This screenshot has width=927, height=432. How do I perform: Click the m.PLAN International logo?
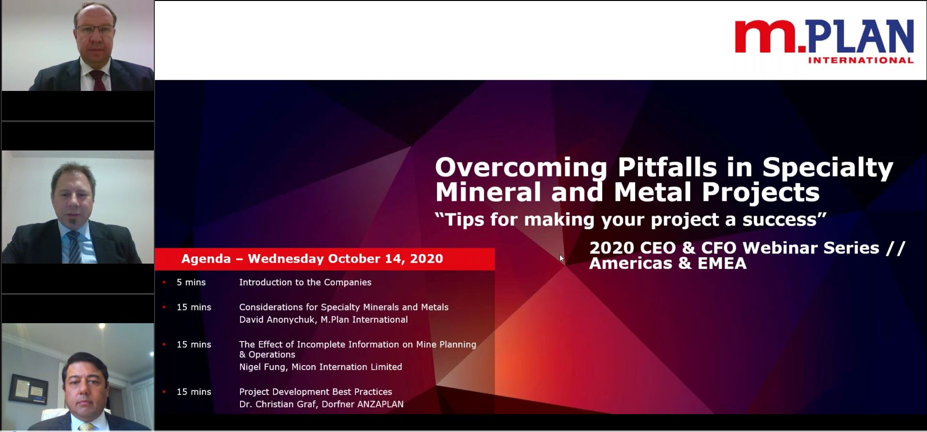tap(824, 42)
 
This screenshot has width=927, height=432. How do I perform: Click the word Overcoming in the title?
tap(521, 168)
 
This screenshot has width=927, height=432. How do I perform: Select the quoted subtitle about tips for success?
tap(630, 220)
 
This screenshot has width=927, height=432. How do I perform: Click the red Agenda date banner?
tap(324, 259)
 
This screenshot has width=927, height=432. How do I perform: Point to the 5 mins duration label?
tap(191, 283)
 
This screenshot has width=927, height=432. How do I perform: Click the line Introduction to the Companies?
tap(305, 283)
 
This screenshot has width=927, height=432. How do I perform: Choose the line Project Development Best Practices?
tap(316, 392)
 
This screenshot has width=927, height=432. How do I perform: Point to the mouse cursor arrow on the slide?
tap(562, 259)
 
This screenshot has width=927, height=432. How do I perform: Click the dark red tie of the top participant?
tap(98, 80)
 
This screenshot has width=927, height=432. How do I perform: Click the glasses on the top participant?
tap(94, 30)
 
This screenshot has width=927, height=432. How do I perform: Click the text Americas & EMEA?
tap(668, 264)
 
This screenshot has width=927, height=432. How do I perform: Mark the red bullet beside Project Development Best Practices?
tap(164, 392)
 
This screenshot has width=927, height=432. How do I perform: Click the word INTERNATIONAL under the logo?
tap(861, 60)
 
